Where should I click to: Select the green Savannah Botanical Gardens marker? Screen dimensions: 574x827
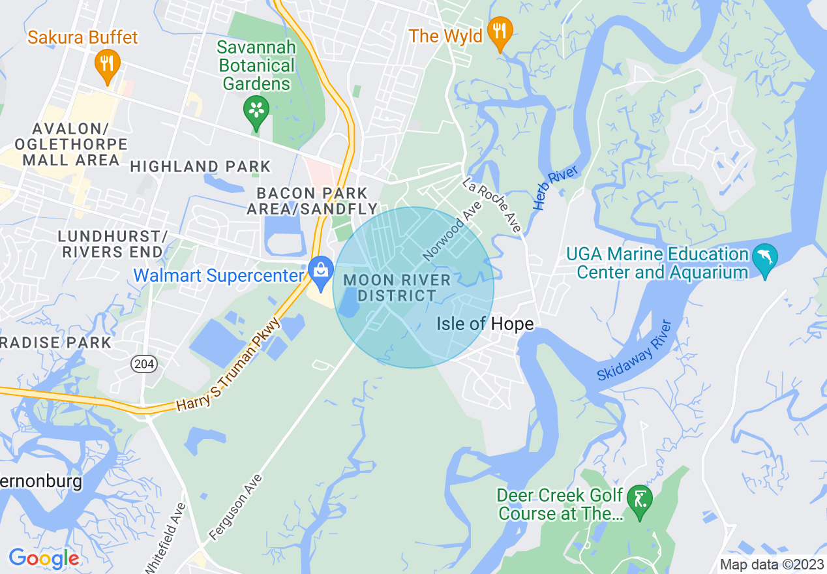coord(256,110)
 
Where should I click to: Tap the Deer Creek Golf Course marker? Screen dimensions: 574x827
coord(639,501)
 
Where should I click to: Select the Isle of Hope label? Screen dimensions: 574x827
coord(485,324)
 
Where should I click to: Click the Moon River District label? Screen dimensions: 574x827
coord(397,288)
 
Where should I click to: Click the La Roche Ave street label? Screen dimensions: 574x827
coord(492,205)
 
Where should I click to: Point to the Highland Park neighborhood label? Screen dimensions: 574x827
coord(200,166)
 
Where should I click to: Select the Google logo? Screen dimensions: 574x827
coord(44,558)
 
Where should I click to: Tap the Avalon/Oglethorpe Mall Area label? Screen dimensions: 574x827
coord(65,143)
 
